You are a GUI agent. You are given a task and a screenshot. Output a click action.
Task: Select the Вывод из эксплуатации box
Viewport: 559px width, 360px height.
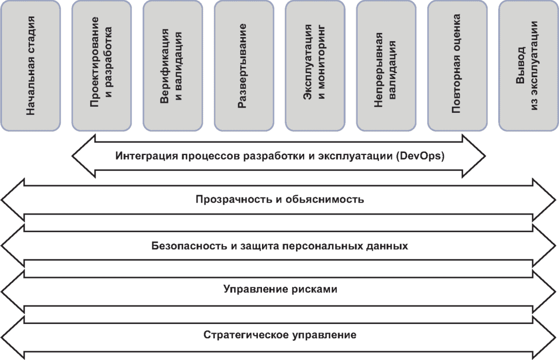tap(528, 65)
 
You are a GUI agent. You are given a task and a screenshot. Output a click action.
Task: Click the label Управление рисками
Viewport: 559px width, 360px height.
tap(280, 289)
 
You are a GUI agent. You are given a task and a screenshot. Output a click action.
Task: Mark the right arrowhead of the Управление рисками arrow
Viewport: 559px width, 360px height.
tap(547, 289)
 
